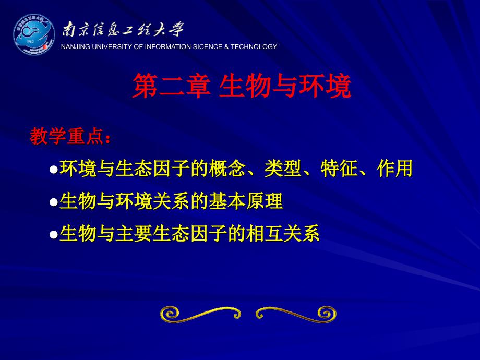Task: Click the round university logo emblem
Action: tap(34, 34)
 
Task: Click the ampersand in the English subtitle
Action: tap(226, 47)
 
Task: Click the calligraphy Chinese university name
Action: tap(123, 30)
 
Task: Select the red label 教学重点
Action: tap(67, 136)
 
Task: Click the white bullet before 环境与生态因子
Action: tap(54, 169)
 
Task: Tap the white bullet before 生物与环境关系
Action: tap(54, 202)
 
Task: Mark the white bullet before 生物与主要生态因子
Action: tap(54, 235)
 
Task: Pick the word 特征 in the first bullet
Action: tap(339, 169)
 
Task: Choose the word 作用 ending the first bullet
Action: tap(395, 169)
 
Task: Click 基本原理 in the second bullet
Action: tap(246, 201)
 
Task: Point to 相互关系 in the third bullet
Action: tap(283, 234)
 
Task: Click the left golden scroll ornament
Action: tap(200, 314)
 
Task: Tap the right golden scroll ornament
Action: tap(296, 314)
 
